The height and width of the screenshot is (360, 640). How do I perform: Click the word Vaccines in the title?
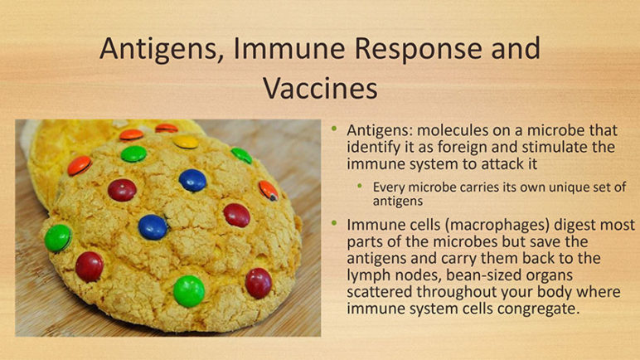coord(320,88)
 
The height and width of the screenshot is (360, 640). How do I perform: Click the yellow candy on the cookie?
coord(186,142)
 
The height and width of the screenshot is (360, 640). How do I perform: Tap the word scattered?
coord(380,292)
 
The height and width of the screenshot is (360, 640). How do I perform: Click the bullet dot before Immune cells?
coord(335,223)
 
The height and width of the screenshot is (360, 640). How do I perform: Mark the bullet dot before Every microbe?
coord(360,186)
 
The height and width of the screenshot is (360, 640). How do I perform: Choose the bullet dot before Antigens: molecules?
coord(335,129)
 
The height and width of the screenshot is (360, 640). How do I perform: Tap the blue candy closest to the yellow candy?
coord(192,180)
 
